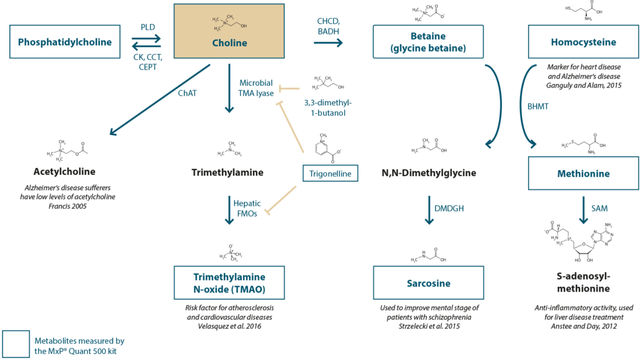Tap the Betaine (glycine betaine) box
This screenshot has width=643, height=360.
(429, 42)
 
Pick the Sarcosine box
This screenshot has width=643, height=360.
(429, 283)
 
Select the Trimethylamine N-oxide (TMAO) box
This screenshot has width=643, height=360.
(229, 283)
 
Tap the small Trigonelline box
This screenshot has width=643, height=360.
(331, 174)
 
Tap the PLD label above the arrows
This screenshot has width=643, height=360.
(148, 27)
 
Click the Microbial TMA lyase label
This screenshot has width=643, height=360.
(257, 88)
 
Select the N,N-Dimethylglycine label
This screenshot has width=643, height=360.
(429, 173)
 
